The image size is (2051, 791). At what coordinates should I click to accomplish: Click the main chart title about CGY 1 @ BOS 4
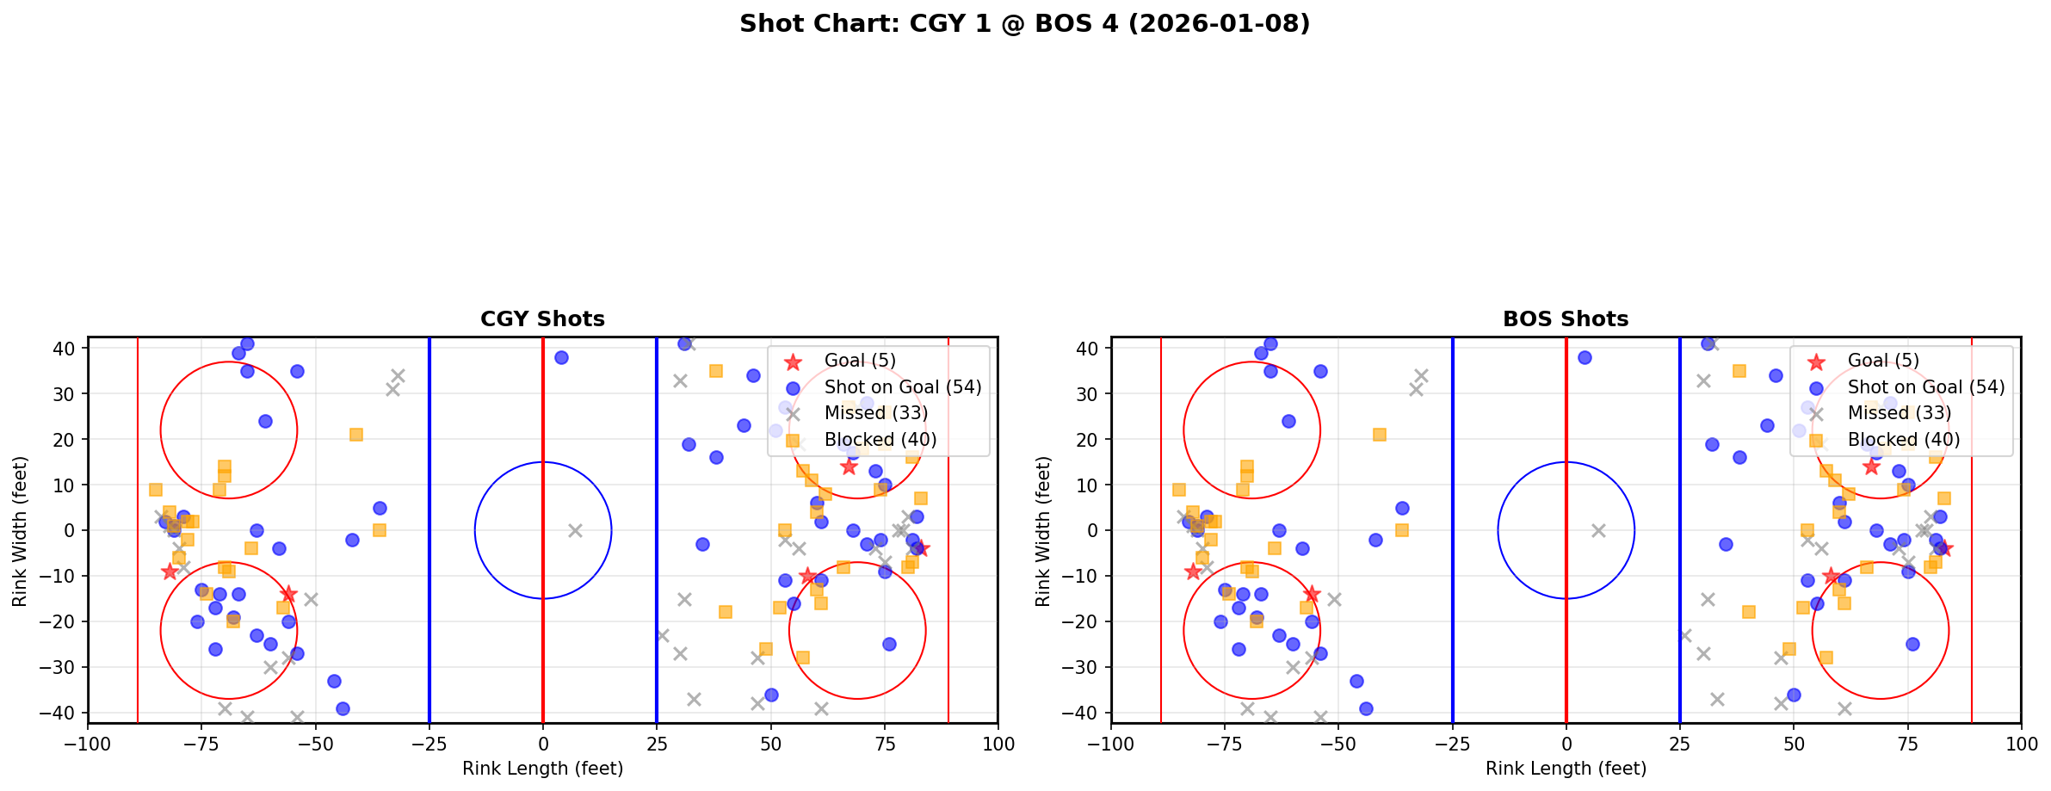(1024, 23)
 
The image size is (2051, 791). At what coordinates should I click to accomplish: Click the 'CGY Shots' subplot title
(542, 319)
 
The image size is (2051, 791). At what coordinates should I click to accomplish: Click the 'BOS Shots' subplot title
(1565, 319)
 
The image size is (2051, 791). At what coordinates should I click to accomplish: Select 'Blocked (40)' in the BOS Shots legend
(1903, 440)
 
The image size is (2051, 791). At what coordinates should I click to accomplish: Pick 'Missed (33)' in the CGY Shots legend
(875, 413)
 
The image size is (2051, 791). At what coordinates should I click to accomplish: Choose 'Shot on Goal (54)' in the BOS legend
(1926, 387)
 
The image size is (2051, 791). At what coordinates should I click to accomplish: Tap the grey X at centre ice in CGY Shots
(575, 530)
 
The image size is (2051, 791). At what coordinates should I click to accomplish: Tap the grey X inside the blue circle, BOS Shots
(1598, 530)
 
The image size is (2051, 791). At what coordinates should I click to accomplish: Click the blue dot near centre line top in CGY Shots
(561, 357)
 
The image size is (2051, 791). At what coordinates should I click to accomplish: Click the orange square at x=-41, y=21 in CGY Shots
(356, 435)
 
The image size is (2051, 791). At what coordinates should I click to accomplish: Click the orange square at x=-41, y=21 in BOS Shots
(1380, 435)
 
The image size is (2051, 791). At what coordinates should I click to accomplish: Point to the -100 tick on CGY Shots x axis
(88, 744)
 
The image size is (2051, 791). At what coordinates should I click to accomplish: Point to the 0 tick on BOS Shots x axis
(1566, 744)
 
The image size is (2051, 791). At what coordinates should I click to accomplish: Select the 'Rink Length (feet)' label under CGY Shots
(542, 769)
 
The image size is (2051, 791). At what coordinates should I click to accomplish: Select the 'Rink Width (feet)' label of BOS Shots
(1043, 530)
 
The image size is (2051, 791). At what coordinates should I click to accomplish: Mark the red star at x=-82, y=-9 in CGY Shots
(170, 572)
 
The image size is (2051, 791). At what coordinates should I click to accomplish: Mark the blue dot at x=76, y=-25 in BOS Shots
(1912, 644)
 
